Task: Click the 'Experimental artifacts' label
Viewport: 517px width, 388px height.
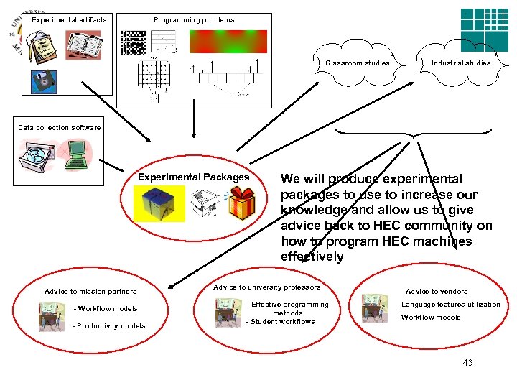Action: click(x=68, y=19)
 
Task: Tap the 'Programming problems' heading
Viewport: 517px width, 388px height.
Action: click(x=194, y=19)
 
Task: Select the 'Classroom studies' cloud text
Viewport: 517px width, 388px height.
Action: click(x=358, y=63)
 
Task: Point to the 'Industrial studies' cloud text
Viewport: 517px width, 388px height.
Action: click(x=461, y=63)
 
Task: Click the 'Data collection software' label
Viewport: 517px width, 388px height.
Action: click(x=60, y=127)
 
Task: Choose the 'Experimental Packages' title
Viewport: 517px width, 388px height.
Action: click(x=194, y=177)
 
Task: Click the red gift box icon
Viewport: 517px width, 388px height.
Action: click(x=241, y=205)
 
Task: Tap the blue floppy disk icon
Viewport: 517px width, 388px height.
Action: click(x=44, y=80)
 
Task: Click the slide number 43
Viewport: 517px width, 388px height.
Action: click(x=467, y=362)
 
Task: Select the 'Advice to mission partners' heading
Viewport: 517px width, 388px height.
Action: click(x=90, y=291)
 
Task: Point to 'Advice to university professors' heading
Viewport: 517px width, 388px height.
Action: click(x=267, y=287)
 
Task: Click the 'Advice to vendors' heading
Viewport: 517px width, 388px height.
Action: click(x=437, y=291)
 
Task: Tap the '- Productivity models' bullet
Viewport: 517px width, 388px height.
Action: click(x=109, y=325)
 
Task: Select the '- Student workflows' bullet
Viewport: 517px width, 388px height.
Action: click(x=281, y=321)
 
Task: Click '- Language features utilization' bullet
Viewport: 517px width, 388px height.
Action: click(x=449, y=304)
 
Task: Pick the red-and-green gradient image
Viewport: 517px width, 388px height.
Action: click(x=228, y=42)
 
